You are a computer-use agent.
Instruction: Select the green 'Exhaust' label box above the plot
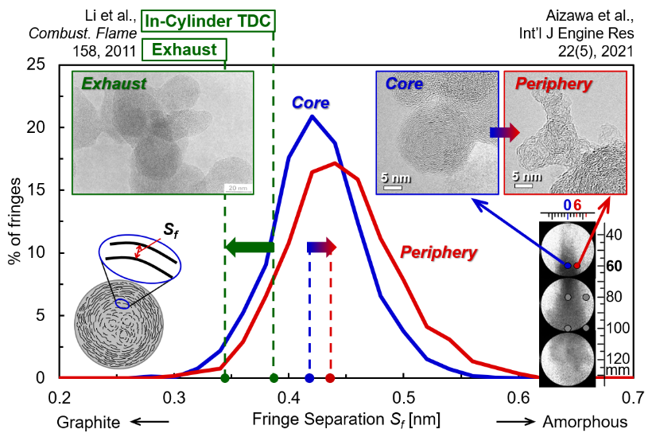pos(184,49)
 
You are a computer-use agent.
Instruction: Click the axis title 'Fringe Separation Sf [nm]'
pos(346,419)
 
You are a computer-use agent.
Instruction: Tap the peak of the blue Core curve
pos(312,116)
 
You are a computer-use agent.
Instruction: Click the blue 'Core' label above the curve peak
pos(310,103)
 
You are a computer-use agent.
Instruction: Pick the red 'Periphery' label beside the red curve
pos(438,253)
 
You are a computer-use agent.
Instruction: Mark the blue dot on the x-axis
pos(309,378)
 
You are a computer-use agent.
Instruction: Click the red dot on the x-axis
pos(330,378)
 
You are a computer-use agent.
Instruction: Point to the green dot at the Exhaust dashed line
pos(225,378)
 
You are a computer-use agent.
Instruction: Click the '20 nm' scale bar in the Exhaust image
pos(237,188)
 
